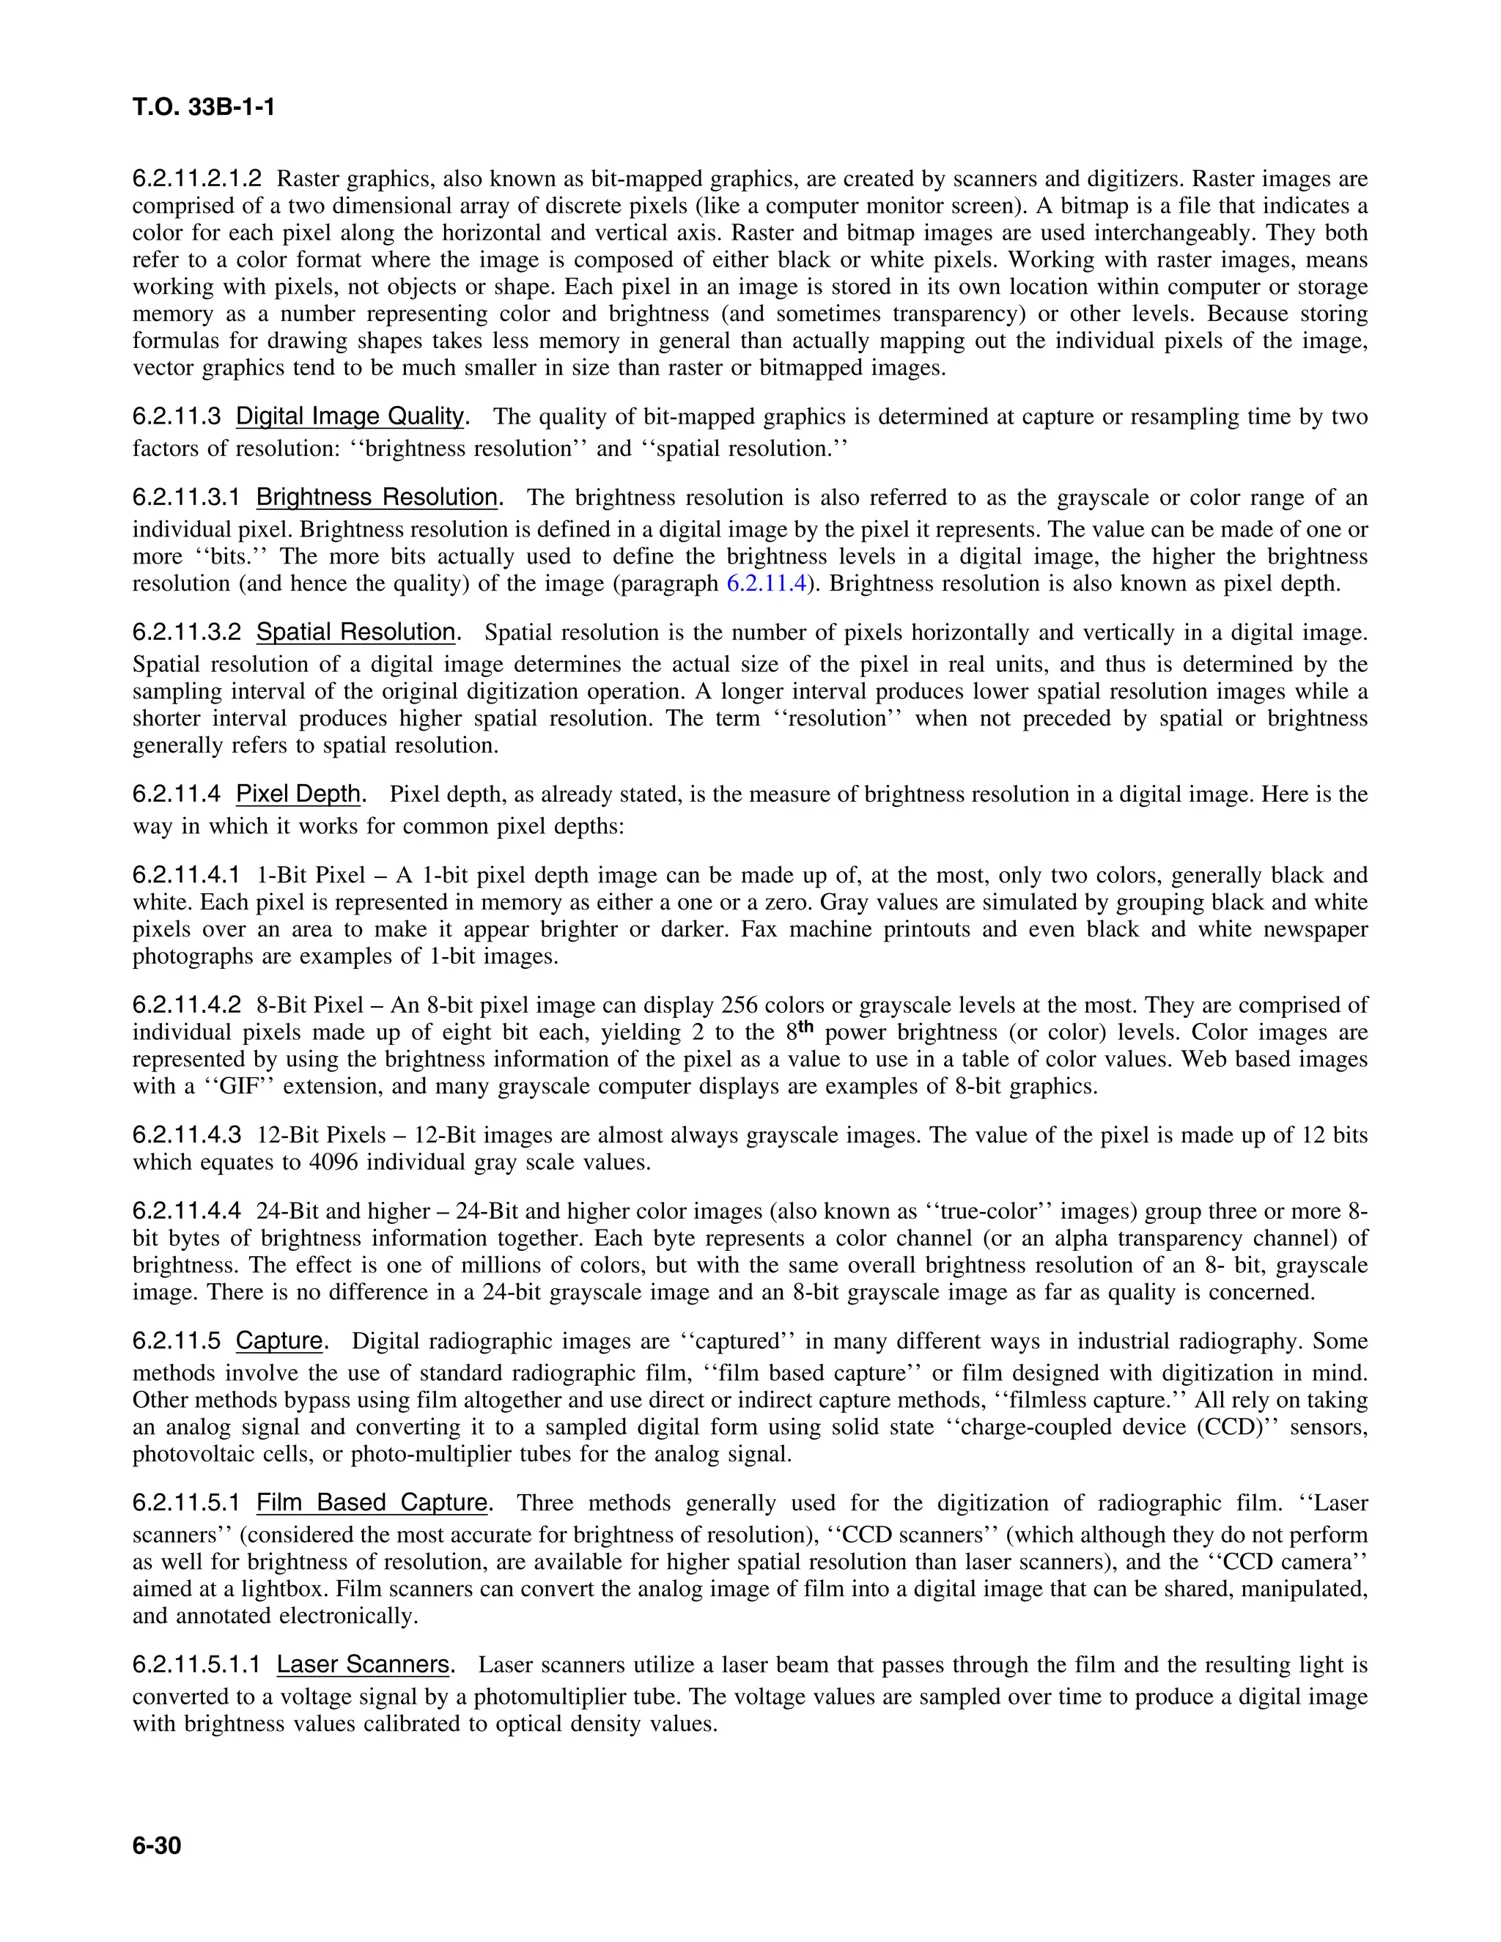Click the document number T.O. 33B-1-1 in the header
(x=203, y=108)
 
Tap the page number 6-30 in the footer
(x=157, y=1847)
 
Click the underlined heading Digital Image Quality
(x=350, y=416)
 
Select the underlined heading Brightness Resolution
(x=377, y=497)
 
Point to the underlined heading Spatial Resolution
(x=355, y=632)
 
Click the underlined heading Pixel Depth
(x=298, y=794)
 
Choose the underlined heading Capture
(x=279, y=1341)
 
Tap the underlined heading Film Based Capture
(x=372, y=1503)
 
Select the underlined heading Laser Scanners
(x=363, y=1664)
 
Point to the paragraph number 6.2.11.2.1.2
(x=197, y=179)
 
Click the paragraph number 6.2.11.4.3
(x=187, y=1135)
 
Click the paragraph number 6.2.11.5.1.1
(x=196, y=1664)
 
